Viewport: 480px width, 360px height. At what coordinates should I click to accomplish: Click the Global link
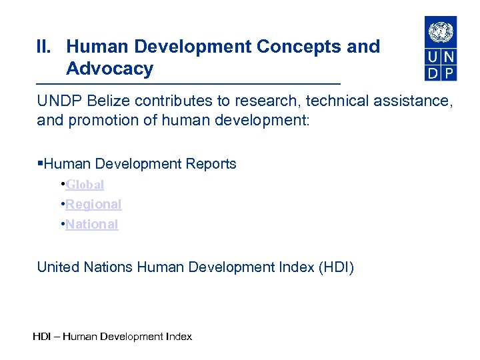[x=85, y=185]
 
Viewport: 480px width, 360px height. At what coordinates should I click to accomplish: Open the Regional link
[x=93, y=205]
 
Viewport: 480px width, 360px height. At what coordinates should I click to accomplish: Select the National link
[x=92, y=225]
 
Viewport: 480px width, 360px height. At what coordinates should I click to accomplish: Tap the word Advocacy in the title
[x=110, y=69]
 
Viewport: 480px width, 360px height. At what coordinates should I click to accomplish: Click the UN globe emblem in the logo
[x=441, y=31]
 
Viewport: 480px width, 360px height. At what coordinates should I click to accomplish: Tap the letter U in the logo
[x=433, y=56]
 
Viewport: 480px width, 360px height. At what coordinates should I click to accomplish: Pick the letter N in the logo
[x=449, y=56]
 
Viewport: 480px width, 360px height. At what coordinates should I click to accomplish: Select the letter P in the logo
[x=449, y=73]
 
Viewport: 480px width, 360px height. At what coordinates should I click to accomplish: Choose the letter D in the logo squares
[x=433, y=73]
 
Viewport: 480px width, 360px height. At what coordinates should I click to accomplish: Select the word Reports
[x=213, y=164]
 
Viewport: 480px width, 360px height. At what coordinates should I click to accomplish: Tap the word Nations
[x=109, y=268]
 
